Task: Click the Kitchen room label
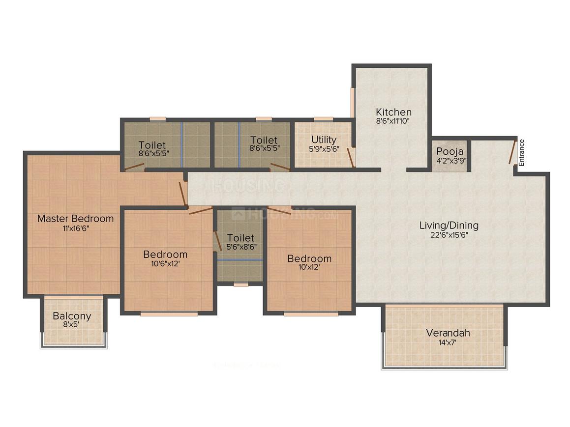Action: point(393,112)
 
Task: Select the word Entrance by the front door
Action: point(522,152)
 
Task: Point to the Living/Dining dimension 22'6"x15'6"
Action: point(449,235)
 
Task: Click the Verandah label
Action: point(448,333)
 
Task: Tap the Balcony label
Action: point(72,316)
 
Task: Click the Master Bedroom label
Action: point(75,218)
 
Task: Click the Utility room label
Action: point(324,140)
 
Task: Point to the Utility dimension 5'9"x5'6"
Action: point(324,148)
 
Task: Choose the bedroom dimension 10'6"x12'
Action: point(165,263)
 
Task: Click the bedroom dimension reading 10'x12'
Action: point(309,267)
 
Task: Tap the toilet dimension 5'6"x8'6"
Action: point(240,247)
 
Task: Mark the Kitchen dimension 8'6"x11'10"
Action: point(393,120)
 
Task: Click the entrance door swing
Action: point(512,152)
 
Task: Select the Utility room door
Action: point(350,157)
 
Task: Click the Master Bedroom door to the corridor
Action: point(182,193)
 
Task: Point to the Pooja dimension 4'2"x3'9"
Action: point(450,160)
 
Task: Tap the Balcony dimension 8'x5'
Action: point(72,325)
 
